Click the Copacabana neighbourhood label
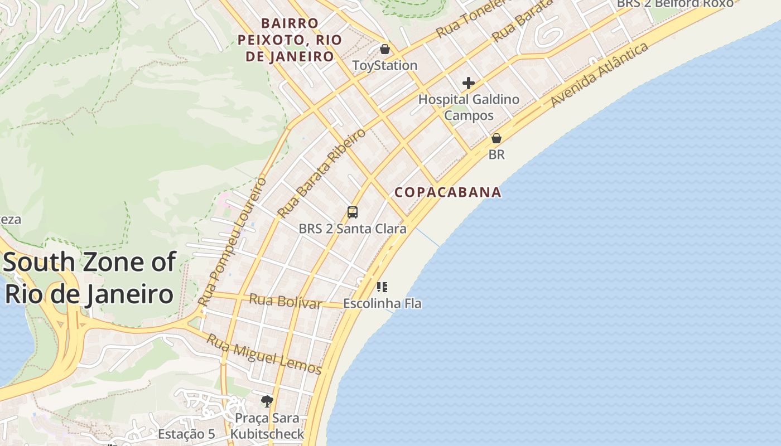coord(447,192)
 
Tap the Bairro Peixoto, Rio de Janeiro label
coord(290,40)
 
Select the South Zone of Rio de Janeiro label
coord(89,278)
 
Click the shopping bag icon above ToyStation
coord(384,49)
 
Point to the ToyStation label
coord(384,66)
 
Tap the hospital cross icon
coord(469,84)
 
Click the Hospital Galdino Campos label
coord(469,108)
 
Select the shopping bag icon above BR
coord(496,138)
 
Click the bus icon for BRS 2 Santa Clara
coord(352,212)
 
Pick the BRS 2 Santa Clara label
coord(352,229)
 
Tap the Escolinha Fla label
coord(382,304)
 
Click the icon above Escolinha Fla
coord(382,287)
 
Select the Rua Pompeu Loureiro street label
coord(233,241)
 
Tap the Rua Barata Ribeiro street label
coord(321,173)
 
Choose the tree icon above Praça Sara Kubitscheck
coord(267,400)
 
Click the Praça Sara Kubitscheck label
coord(267,426)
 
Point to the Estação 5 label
coord(186,434)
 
